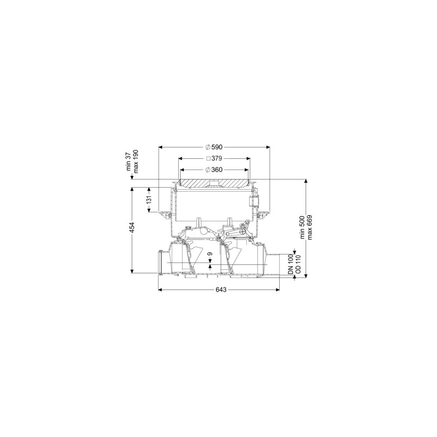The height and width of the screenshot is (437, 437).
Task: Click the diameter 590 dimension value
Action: (214, 147)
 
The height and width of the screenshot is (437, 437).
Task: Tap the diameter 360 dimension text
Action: (214, 170)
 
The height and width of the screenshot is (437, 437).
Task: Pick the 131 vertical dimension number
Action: (149, 200)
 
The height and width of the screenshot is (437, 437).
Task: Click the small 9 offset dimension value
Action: (210, 254)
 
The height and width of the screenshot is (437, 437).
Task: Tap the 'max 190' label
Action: (136, 161)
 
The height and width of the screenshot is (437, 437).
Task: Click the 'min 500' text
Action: (303, 227)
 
